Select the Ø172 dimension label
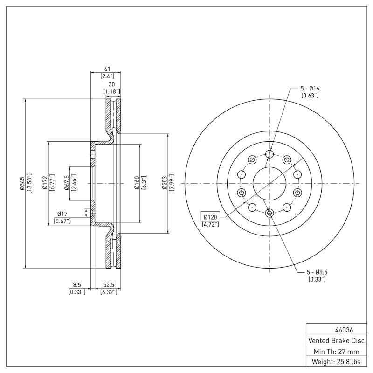45,184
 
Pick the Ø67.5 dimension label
67,184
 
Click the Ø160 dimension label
137,184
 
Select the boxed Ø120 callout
210,216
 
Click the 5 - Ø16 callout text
310,88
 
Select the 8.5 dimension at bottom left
77,284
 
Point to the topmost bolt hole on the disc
269,154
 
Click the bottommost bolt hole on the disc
269,214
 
